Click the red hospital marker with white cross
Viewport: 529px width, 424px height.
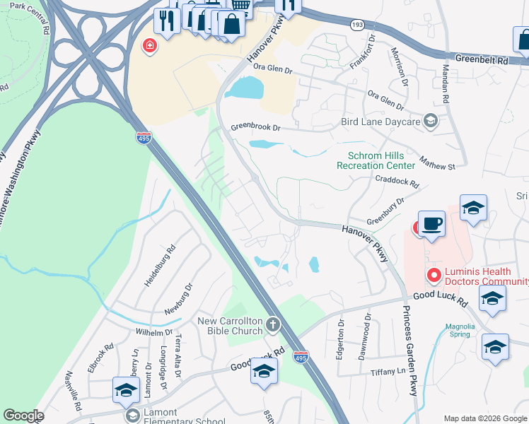(150, 47)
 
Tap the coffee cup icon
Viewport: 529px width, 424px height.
(431, 225)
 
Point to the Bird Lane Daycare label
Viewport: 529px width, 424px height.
(381, 122)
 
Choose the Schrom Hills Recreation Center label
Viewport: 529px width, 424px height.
(380, 160)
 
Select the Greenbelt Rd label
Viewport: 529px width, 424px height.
(482, 60)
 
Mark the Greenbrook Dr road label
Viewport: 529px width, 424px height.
(256, 129)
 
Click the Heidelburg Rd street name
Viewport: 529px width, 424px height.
(160, 265)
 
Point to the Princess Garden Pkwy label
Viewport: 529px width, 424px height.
(410, 351)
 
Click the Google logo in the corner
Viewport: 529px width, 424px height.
(23, 416)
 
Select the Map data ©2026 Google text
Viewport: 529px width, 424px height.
(484, 418)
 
